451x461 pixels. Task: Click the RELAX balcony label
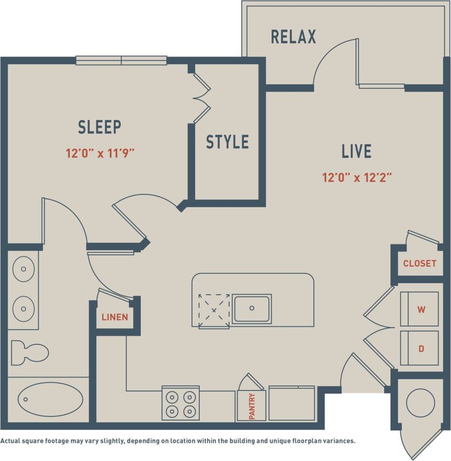click(293, 37)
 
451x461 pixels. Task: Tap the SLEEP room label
click(99, 127)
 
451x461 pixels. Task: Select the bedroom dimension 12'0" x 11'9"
click(104, 153)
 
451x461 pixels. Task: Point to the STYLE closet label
click(227, 142)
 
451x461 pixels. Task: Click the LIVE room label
click(356, 151)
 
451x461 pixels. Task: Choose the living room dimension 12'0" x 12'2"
click(356, 178)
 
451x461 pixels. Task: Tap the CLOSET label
click(419, 263)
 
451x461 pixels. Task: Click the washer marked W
click(420, 309)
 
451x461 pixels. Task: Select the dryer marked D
click(420, 349)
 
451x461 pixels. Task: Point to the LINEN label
click(114, 317)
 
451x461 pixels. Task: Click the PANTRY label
click(252, 406)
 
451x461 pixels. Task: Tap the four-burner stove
click(181, 404)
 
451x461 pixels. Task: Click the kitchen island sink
click(252, 309)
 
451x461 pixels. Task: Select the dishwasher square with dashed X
click(214, 310)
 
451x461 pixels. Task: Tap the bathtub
click(50, 399)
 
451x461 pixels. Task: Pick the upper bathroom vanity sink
click(23, 271)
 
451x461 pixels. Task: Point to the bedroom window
click(121, 61)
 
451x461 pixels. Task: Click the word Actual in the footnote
click(11, 441)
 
